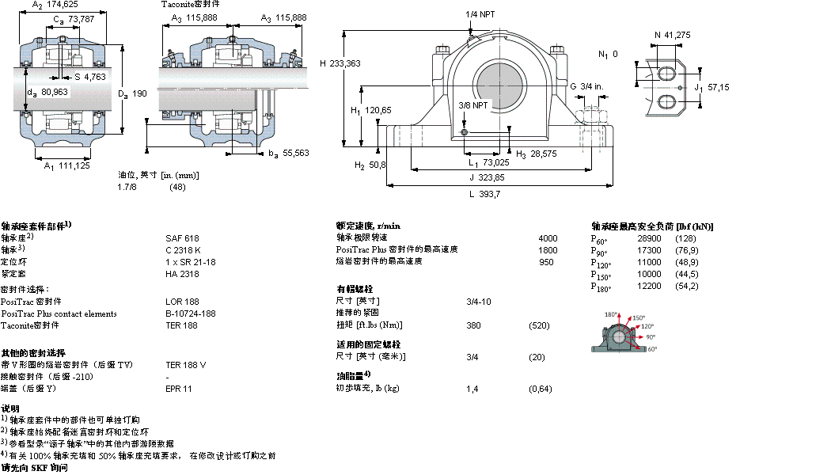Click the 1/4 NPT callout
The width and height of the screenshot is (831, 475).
click(x=480, y=14)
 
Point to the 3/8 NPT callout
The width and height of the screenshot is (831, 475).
click(x=473, y=105)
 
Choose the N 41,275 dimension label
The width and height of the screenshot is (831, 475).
click(x=674, y=35)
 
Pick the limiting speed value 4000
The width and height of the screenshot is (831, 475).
click(x=548, y=238)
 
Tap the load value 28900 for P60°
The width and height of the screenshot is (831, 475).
click(x=649, y=238)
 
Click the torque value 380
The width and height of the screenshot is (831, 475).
click(x=473, y=325)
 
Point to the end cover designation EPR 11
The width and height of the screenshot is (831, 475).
click(x=178, y=389)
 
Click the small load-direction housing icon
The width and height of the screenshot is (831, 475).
click(x=621, y=334)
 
